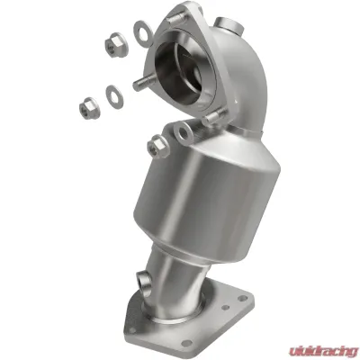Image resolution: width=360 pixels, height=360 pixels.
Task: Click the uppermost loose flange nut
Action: point(116,45)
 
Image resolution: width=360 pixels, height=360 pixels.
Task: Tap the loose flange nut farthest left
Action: point(90,108)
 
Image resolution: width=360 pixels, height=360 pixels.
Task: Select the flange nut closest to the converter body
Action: point(157,147)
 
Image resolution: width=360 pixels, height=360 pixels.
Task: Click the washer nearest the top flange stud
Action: point(143,34)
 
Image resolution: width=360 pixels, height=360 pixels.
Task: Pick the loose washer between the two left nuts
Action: point(114,97)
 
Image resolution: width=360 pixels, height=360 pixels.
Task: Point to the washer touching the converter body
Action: point(184,133)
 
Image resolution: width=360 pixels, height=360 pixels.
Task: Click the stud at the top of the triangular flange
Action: point(176,19)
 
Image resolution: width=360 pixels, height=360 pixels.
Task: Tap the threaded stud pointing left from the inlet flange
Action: point(143,83)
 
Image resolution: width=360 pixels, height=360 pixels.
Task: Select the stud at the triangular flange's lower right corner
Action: point(213,117)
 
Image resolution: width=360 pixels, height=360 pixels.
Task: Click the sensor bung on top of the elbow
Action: point(229,24)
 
